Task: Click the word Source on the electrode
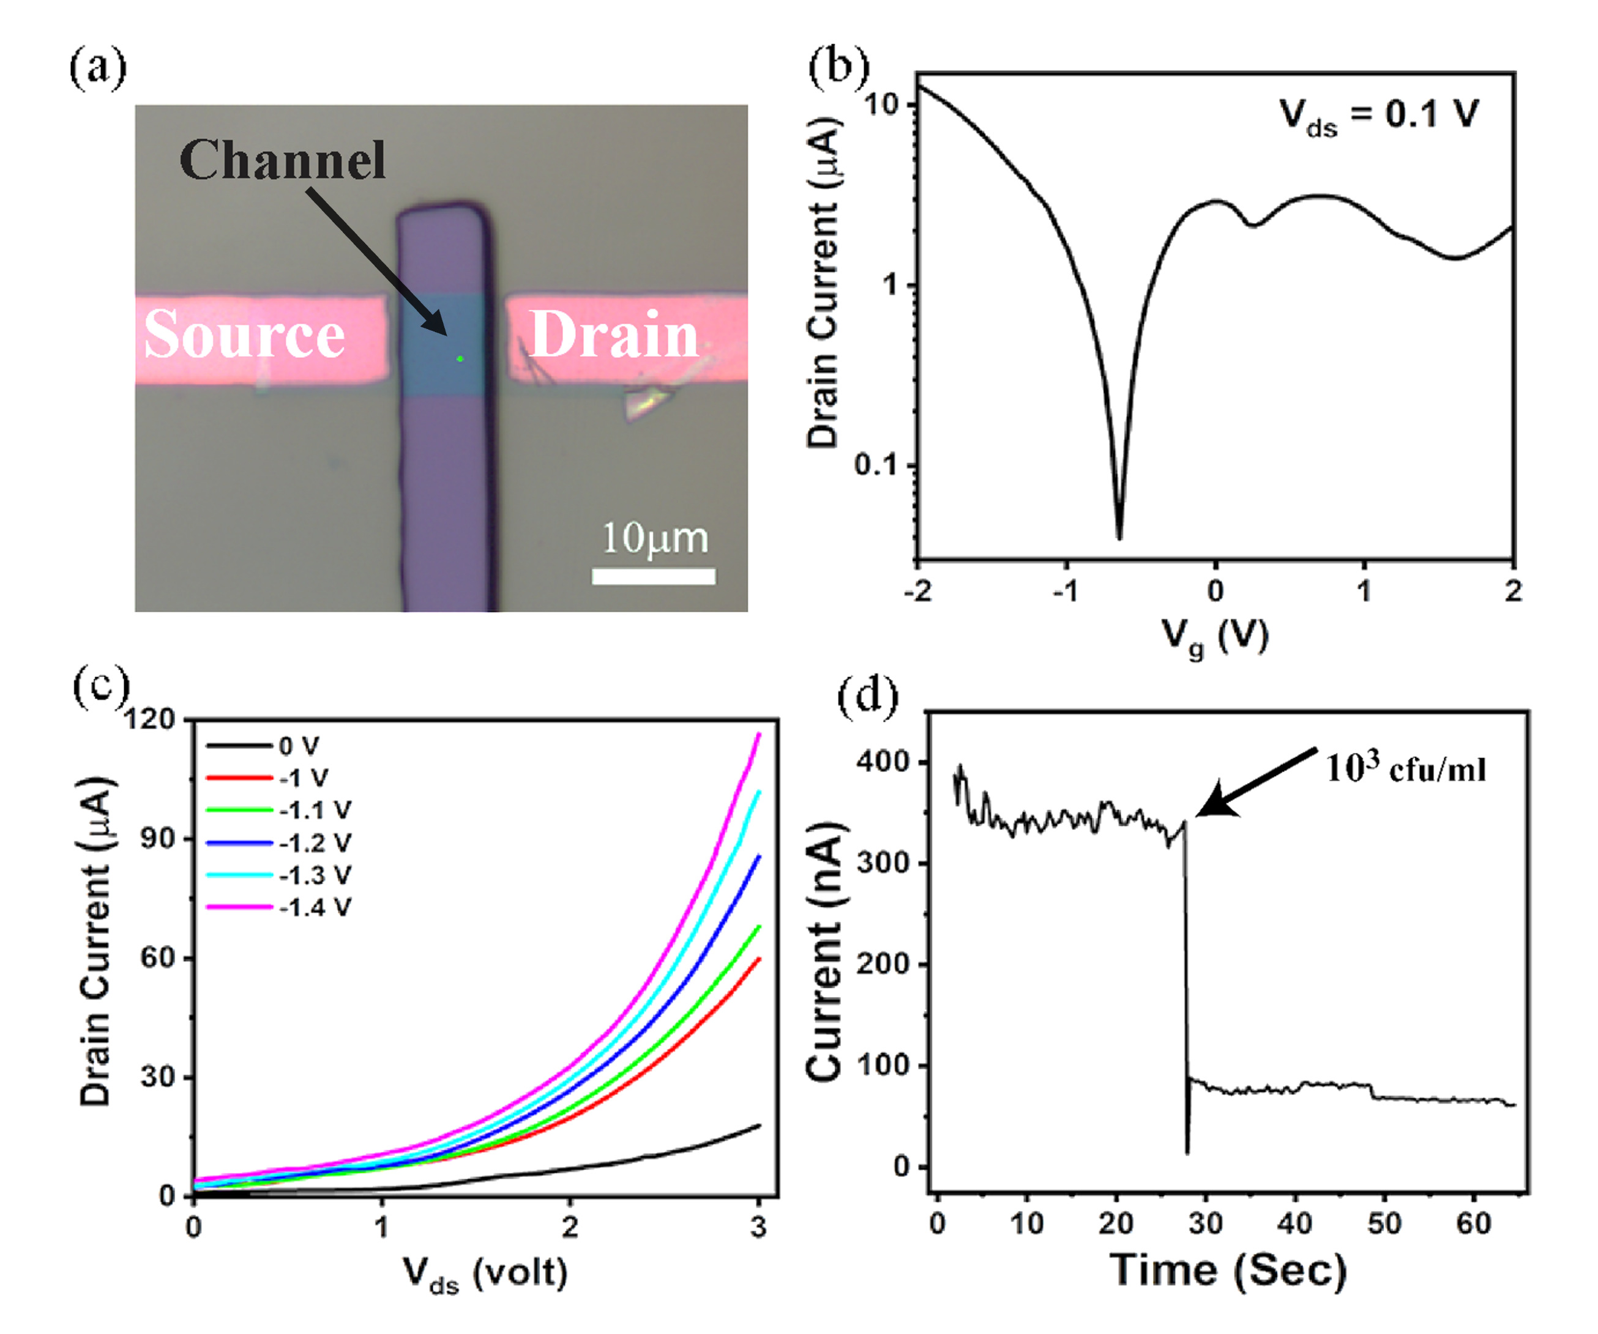(x=244, y=335)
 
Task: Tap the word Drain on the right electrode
(x=613, y=335)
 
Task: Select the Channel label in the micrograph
(x=282, y=160)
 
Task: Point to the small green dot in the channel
(x=460, y=358)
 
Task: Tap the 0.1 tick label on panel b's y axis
(x=876, y=464)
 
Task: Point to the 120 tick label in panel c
(x=149, y=719)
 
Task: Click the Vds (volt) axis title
(x=485, y=1272)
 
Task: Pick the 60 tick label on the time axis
(x=1473, y=1223)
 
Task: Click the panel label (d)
(x=867, y=695)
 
